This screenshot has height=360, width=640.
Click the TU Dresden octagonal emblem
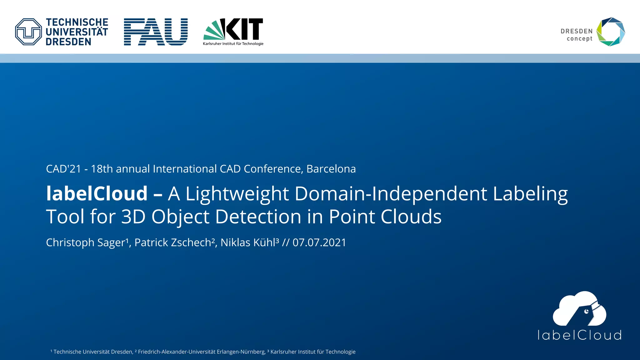click(28, 32)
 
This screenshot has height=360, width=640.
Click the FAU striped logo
click(156, 32)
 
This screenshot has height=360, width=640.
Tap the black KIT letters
click(244, 29)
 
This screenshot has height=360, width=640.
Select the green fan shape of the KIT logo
click(214, 31)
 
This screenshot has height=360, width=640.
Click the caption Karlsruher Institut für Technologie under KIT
click(233, 44)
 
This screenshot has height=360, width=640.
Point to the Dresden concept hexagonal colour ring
click(611, 32)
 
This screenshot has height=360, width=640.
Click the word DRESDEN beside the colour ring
click(577, 31)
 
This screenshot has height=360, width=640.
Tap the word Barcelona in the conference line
click(331, 169)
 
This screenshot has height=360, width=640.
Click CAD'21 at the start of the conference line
click(63, 169)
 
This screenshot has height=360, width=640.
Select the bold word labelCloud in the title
click(97, 193)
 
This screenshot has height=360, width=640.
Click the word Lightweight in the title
click(237, 193)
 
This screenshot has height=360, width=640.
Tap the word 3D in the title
click(133, 217)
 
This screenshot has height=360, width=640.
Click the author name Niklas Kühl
click(249, 242)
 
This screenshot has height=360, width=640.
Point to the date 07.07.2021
click(319, 242)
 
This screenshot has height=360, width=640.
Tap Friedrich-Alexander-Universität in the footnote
click(177, 352)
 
